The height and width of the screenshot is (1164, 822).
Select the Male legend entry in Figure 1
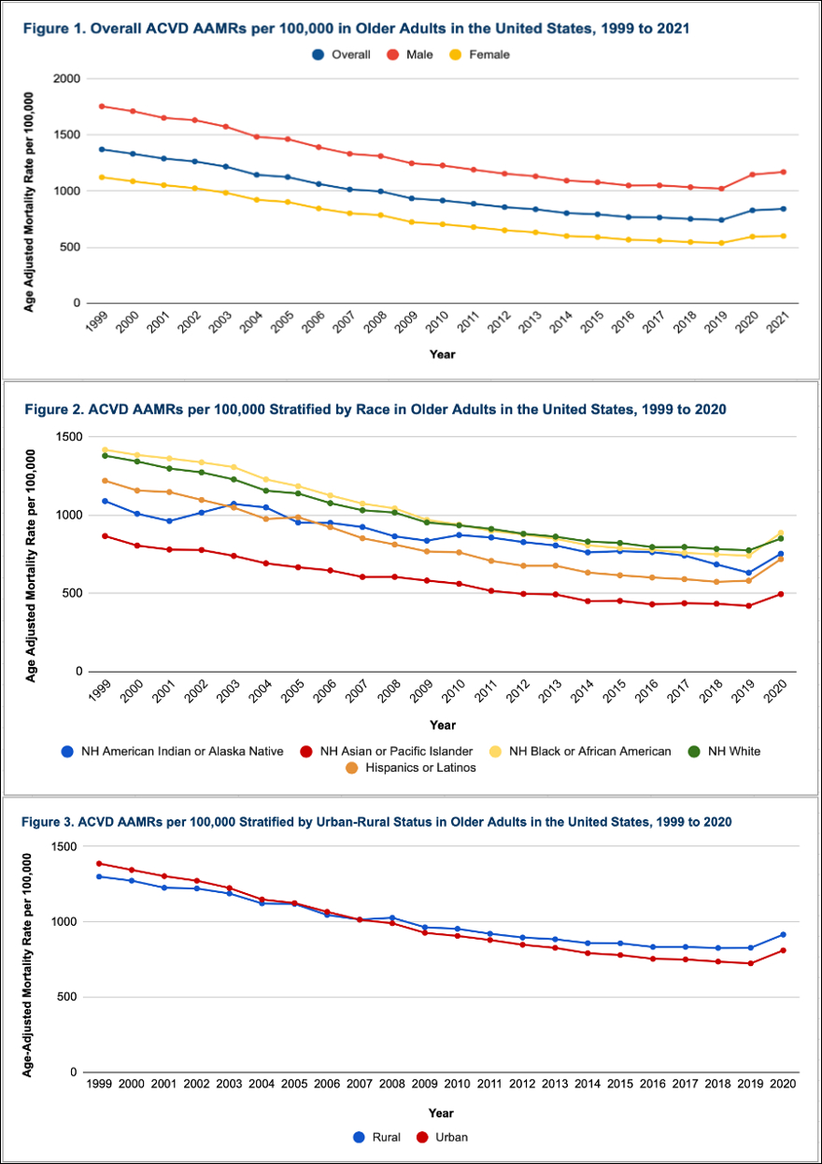pyautogui.click(x=411, y=54)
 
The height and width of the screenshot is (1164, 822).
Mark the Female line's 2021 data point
pyautogui.click(x=783, y=235)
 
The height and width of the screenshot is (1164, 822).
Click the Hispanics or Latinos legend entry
pyautogui.click(x=418, y=768)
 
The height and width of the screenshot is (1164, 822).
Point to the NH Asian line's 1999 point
pyautogui.click(x=105, y=535)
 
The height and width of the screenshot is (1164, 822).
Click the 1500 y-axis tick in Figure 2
pyautogui.click(x=69, y=437)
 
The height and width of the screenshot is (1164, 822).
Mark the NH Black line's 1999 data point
pyautogui.click(x=105, y=449)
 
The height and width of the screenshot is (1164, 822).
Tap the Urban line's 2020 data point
pyautogui.click(x=783, y=950)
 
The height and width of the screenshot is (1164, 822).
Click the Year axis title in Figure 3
pyautogui.click(x=442, y=1113)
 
